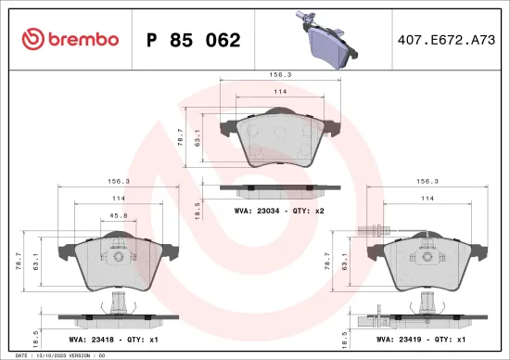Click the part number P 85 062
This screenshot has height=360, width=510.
(x=193, y=40)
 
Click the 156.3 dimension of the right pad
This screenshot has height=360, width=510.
(x=427, y=183)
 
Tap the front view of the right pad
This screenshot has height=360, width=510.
(x=427, y=262)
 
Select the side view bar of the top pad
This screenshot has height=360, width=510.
(x=279, y=190)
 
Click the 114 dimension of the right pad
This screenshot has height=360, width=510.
(x=427, y=199)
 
